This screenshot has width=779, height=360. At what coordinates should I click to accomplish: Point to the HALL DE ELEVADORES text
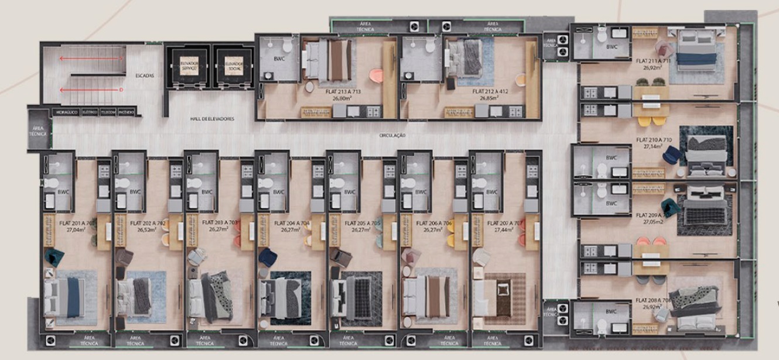click(x=212, y=119)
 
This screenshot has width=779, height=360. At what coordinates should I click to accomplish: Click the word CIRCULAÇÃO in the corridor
click(x=392, y=135)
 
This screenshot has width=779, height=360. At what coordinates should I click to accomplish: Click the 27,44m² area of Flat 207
click(x=503, y=230)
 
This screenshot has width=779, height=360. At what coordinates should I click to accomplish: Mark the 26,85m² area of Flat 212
click(x=490, y=98)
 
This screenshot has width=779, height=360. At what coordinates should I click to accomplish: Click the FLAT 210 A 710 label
click(x=654, y=140)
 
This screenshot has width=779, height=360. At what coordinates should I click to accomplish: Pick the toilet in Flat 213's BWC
click(x=287, y=46)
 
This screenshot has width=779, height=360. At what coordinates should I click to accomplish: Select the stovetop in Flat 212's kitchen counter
click(x=515, y=111)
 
